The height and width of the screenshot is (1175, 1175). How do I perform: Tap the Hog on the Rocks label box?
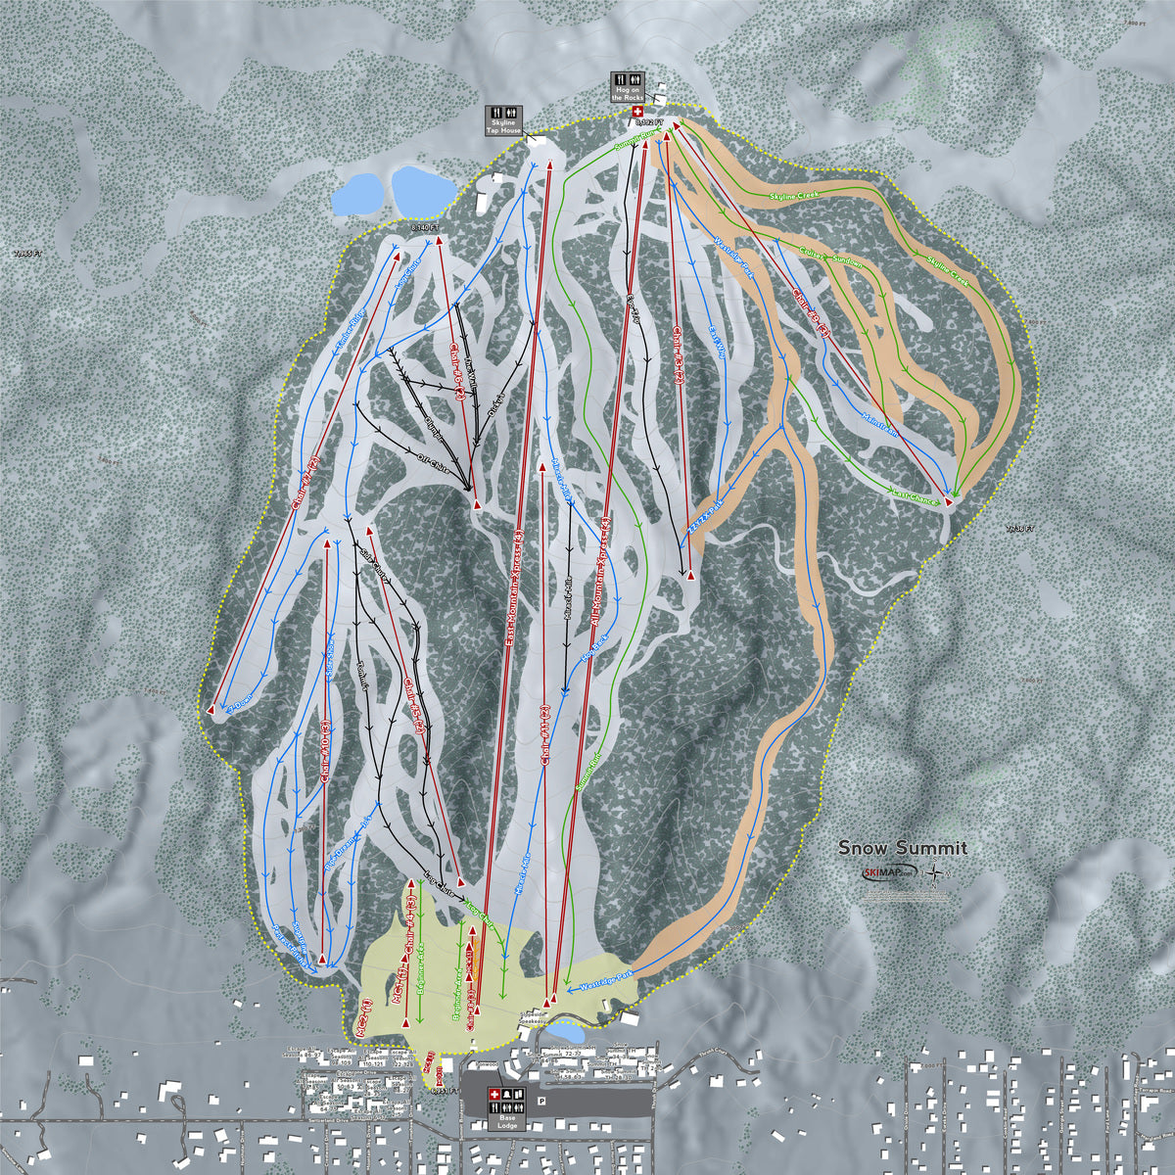tap(627, 87)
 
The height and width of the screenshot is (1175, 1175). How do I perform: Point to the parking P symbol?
tap(540, 1101)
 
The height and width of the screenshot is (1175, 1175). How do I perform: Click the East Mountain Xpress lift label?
tap(514, 587)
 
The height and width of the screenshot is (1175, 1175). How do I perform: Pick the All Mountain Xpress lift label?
tap(601, 573)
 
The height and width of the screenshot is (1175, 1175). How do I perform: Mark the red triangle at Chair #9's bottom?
tap(211, 708)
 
